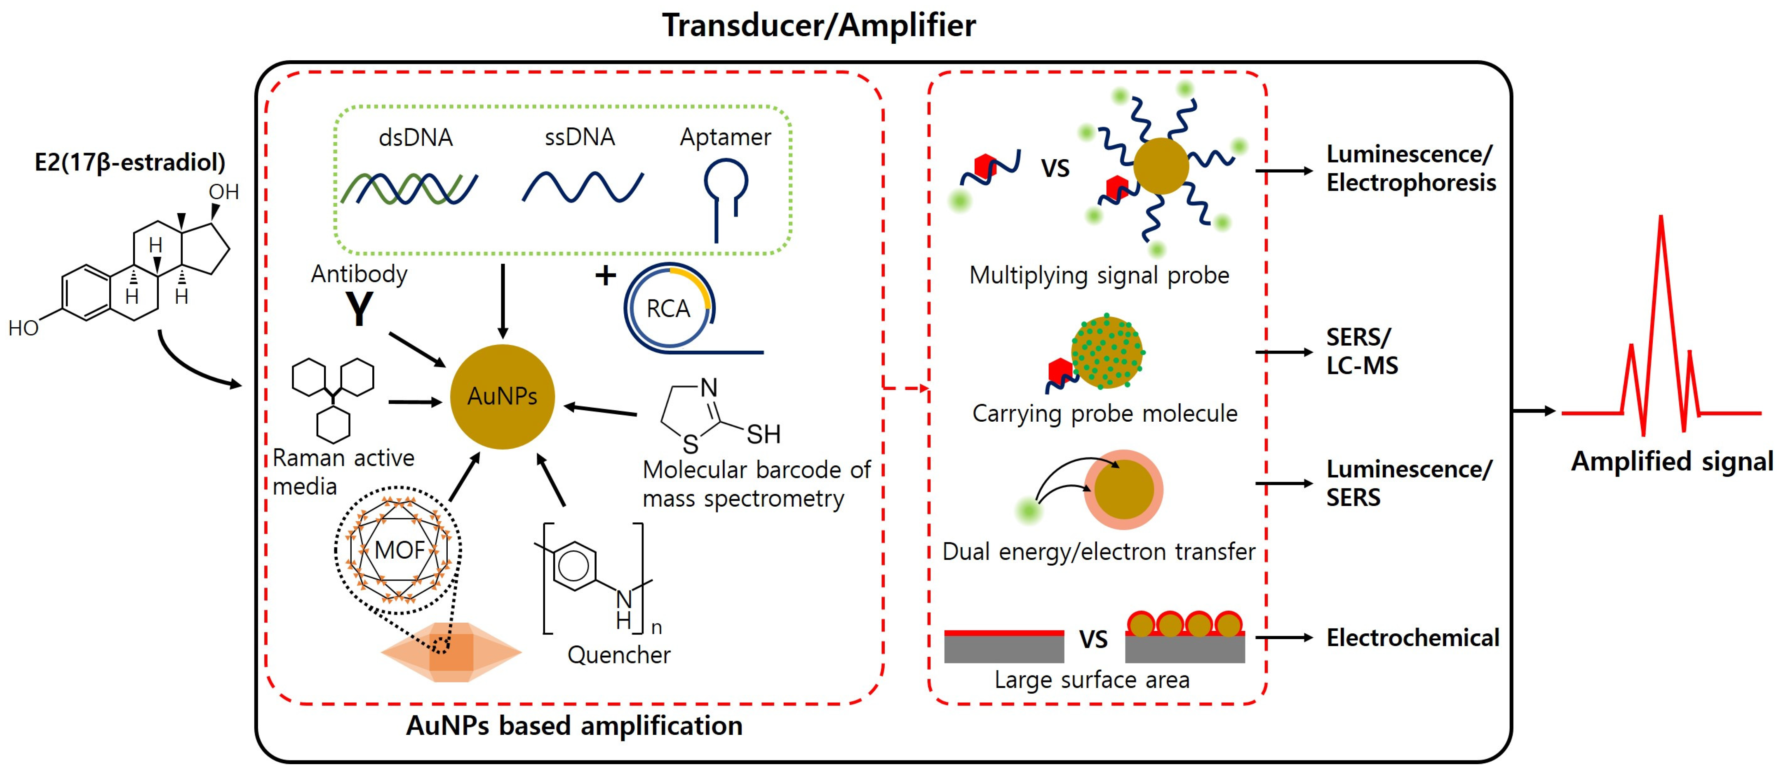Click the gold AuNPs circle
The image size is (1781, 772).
[502, 397]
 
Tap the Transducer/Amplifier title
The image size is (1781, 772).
[819, 26]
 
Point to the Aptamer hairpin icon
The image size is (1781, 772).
[725, 197]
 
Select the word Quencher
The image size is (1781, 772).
[619, 654]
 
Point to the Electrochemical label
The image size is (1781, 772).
[1412, 637]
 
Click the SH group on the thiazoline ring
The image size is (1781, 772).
[763, 434]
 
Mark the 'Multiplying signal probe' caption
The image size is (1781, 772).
[1099, 275]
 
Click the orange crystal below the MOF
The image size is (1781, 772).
[451, 652]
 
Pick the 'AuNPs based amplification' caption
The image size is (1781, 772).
[574, 726]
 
